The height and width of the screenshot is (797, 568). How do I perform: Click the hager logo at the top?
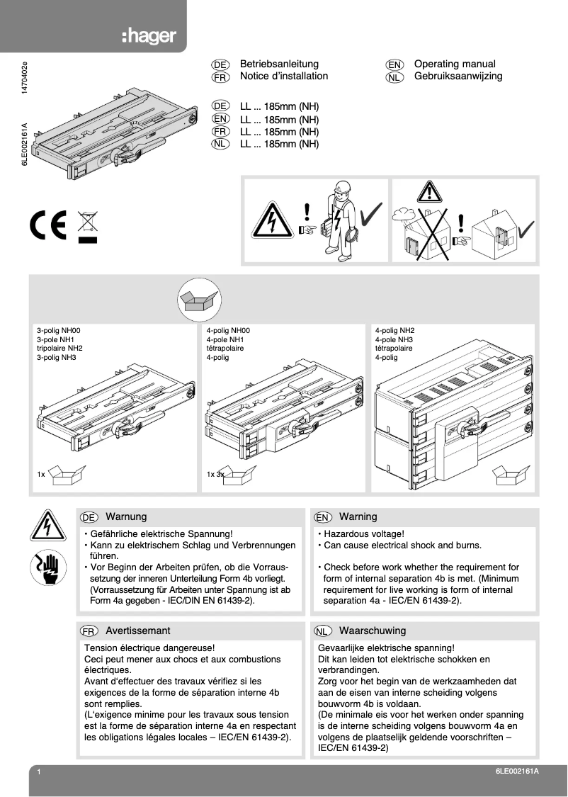(x=149, y=36)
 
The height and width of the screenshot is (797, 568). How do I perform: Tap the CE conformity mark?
(x=49, y=225)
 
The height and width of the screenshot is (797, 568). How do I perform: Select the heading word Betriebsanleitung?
(x=279, y=64)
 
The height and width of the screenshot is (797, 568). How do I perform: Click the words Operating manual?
(x=455, y=64)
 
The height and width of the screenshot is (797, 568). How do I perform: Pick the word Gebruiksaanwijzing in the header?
(x=458, y=76)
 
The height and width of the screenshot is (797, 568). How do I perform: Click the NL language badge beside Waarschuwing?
(x=323, y=631)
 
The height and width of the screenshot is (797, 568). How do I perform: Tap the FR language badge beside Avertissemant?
(x=89, y=631)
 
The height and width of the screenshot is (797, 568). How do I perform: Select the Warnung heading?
(x=126, y=516)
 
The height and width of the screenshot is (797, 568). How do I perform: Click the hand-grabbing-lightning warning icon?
(x=48, y=568)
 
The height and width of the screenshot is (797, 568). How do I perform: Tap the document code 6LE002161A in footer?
(x=518, y=771)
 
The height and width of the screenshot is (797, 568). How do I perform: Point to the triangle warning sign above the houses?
(x=428, y=192)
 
